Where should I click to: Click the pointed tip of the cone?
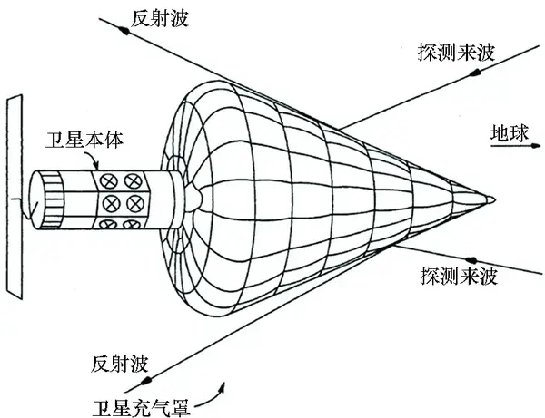(491, 199)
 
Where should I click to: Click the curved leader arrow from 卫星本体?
(98, 160)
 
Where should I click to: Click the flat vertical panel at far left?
(15, 195)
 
